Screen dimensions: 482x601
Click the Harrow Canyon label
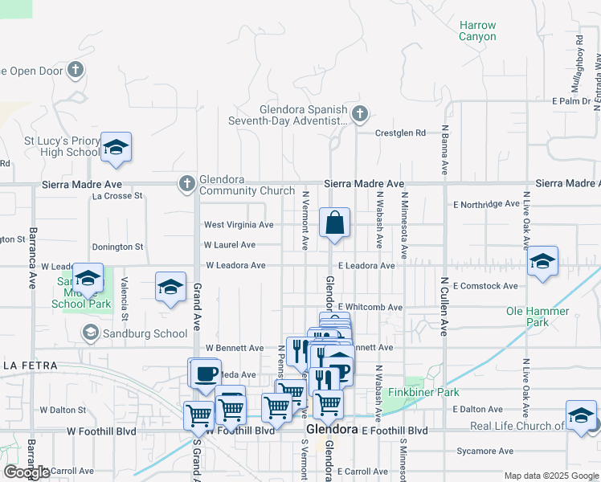477,31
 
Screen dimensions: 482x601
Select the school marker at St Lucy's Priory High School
117,147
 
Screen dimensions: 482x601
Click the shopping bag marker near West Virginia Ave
334,223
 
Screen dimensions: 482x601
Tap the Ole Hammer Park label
538,317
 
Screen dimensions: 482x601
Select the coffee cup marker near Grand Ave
206,373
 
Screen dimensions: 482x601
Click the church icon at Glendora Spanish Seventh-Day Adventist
359,113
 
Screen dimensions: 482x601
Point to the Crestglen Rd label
403,133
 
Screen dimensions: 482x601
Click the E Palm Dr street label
570,101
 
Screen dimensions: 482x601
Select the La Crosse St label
117,195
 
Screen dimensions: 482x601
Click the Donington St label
117,247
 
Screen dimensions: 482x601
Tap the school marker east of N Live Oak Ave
543,261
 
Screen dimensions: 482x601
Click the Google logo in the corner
27,472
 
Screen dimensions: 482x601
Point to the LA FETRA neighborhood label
30,366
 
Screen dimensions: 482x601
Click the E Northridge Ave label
487,204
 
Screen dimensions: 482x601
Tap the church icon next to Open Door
76,70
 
